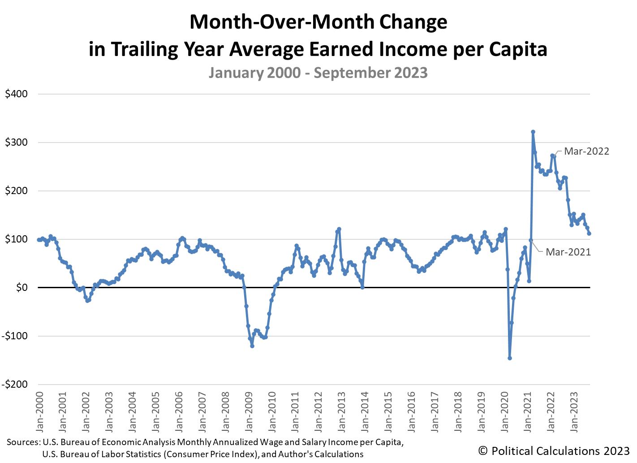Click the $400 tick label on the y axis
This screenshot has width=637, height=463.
click(16, 94)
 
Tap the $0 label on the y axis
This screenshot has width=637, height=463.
click(21, 288)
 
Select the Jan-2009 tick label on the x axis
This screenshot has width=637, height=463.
click(249, 412)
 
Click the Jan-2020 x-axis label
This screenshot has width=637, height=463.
click(505, 412)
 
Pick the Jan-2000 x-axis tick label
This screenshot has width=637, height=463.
click(39, 412)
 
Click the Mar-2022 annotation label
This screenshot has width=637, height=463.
click(586, 151)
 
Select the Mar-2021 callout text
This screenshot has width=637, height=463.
click(568, 252)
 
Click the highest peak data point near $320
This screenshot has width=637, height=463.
click(533, 132)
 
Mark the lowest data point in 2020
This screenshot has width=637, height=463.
click(510, 358)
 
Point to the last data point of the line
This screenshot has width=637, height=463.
click(589, 234)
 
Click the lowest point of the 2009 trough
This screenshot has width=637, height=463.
click(252, 346)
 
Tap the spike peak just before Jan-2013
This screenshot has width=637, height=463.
click(339, 229)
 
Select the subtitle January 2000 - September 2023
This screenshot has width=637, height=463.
click(318, 73)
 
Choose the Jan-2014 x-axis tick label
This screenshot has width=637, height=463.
click(365, 412)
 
